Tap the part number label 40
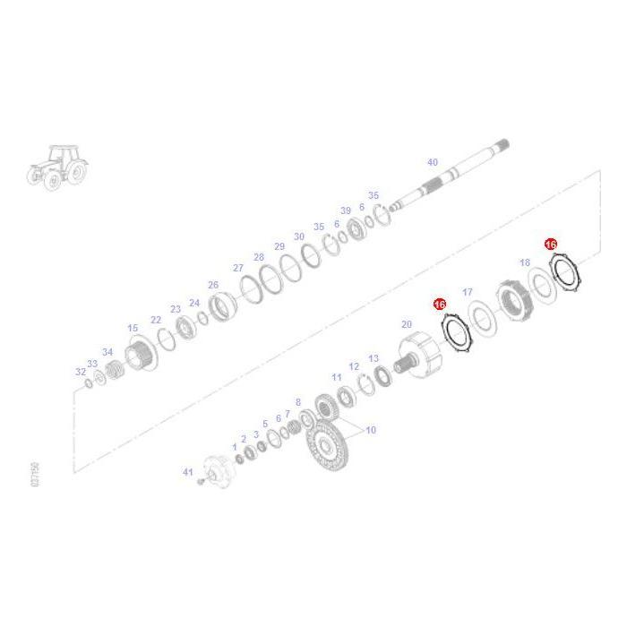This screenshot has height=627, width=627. click(433, 162)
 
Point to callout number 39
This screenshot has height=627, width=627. click(346, 210)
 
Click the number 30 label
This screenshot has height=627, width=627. click(299, 236)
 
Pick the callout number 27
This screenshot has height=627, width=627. click(238, 268)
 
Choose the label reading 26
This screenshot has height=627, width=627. click(213, 285)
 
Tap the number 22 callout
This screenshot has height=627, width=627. click(156, 320)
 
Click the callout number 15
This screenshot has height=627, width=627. click(133, 329)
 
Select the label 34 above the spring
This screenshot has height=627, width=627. click(107, 352)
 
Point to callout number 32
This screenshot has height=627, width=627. click(81, 372)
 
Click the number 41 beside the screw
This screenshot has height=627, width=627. click(187, 471)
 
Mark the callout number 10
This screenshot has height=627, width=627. click(371, 430)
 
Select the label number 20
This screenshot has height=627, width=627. click(407, 324)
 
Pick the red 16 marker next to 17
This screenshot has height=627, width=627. click(440, 305)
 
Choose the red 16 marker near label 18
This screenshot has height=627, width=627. click(551, 244)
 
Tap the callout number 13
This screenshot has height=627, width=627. click(374, 358)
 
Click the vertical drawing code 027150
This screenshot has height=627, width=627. click(34, 475)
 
